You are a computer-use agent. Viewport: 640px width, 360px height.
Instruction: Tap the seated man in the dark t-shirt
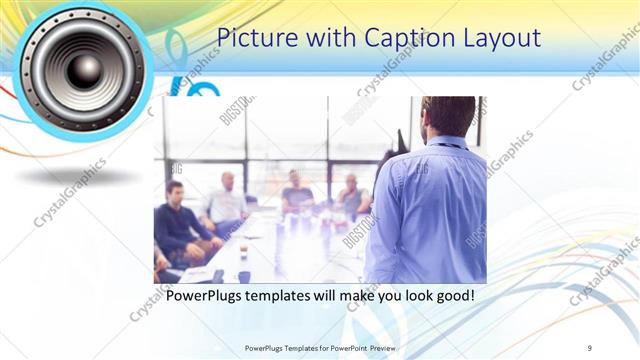tap(297, 190)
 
